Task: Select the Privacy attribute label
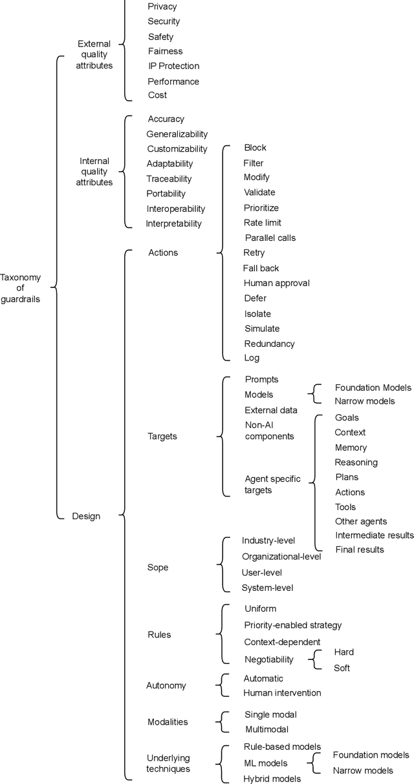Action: (162, 6)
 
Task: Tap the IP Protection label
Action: (173, 66)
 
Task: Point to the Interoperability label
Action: (175, 209)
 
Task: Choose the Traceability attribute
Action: (169, 179)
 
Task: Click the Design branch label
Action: (86, 516)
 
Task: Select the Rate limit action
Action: (262, 223)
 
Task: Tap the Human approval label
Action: (276, 283)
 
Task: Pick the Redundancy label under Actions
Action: (269, 344)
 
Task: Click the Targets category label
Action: (162, 437)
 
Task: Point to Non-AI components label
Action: (269, 431)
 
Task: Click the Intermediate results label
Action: (374, 535)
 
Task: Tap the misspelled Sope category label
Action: (158, 568)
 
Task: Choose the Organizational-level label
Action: (281, 557)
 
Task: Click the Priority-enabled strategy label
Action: (293, 625)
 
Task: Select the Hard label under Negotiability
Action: (343, 652)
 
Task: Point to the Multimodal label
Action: (267, 729)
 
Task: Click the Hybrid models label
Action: (272, 779)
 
